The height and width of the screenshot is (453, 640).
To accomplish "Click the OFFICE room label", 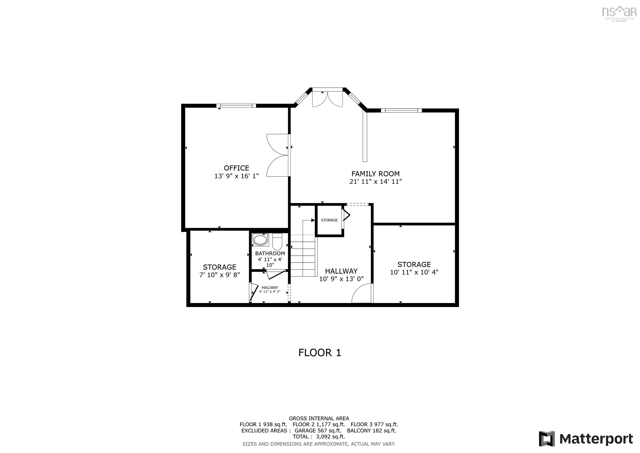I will tap(236, 168).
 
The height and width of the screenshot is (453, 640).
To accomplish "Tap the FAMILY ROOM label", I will tap(375, 174).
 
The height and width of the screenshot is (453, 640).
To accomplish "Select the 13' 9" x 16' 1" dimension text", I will tap(236, 176).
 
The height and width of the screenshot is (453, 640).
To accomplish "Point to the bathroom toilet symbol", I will tap(277, 242).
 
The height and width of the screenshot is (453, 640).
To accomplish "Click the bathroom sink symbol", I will tap(260, 240).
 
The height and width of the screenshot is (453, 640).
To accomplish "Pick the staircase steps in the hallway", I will tap(303, 255).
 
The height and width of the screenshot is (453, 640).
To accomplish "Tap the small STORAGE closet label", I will tap(329, 220).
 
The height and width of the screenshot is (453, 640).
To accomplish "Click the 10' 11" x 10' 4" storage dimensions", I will tap(414, 272).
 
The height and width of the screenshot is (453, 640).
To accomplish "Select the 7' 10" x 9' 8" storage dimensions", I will tap(219, 275).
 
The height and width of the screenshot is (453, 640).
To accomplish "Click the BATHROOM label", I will tap(270, 253).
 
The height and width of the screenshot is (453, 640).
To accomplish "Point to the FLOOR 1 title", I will tap(320, 353).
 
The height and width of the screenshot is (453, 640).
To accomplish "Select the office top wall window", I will tap(236, 106).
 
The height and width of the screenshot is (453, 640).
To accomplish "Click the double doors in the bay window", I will tap(327, 98).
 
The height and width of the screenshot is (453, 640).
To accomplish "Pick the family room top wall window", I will tap(401, 110).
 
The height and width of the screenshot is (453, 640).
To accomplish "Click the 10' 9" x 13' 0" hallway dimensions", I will tap(341, 279).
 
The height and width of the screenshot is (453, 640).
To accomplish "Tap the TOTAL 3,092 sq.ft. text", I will tap(319, 437).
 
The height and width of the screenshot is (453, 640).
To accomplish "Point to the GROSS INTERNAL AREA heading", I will tap(319, 418).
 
